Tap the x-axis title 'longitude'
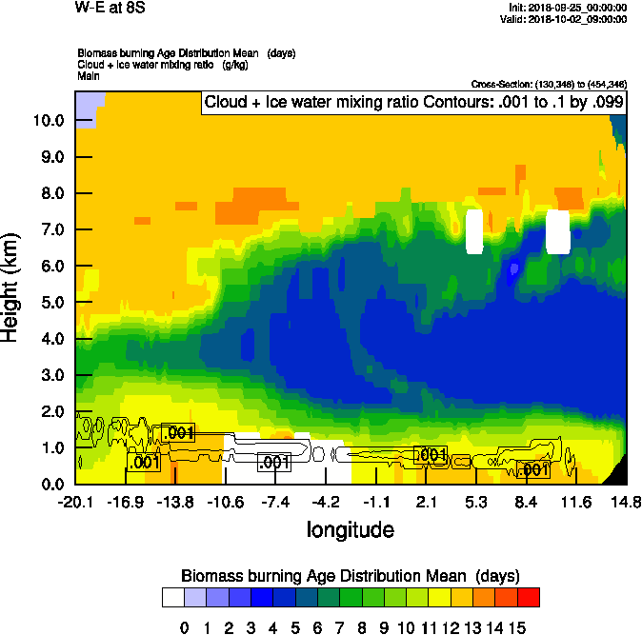350,528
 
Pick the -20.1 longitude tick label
74,503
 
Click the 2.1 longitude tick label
427,503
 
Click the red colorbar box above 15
529,598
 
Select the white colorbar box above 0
172,598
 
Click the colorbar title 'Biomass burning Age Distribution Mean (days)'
350,575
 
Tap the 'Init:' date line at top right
568,8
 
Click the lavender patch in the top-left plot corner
86,107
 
